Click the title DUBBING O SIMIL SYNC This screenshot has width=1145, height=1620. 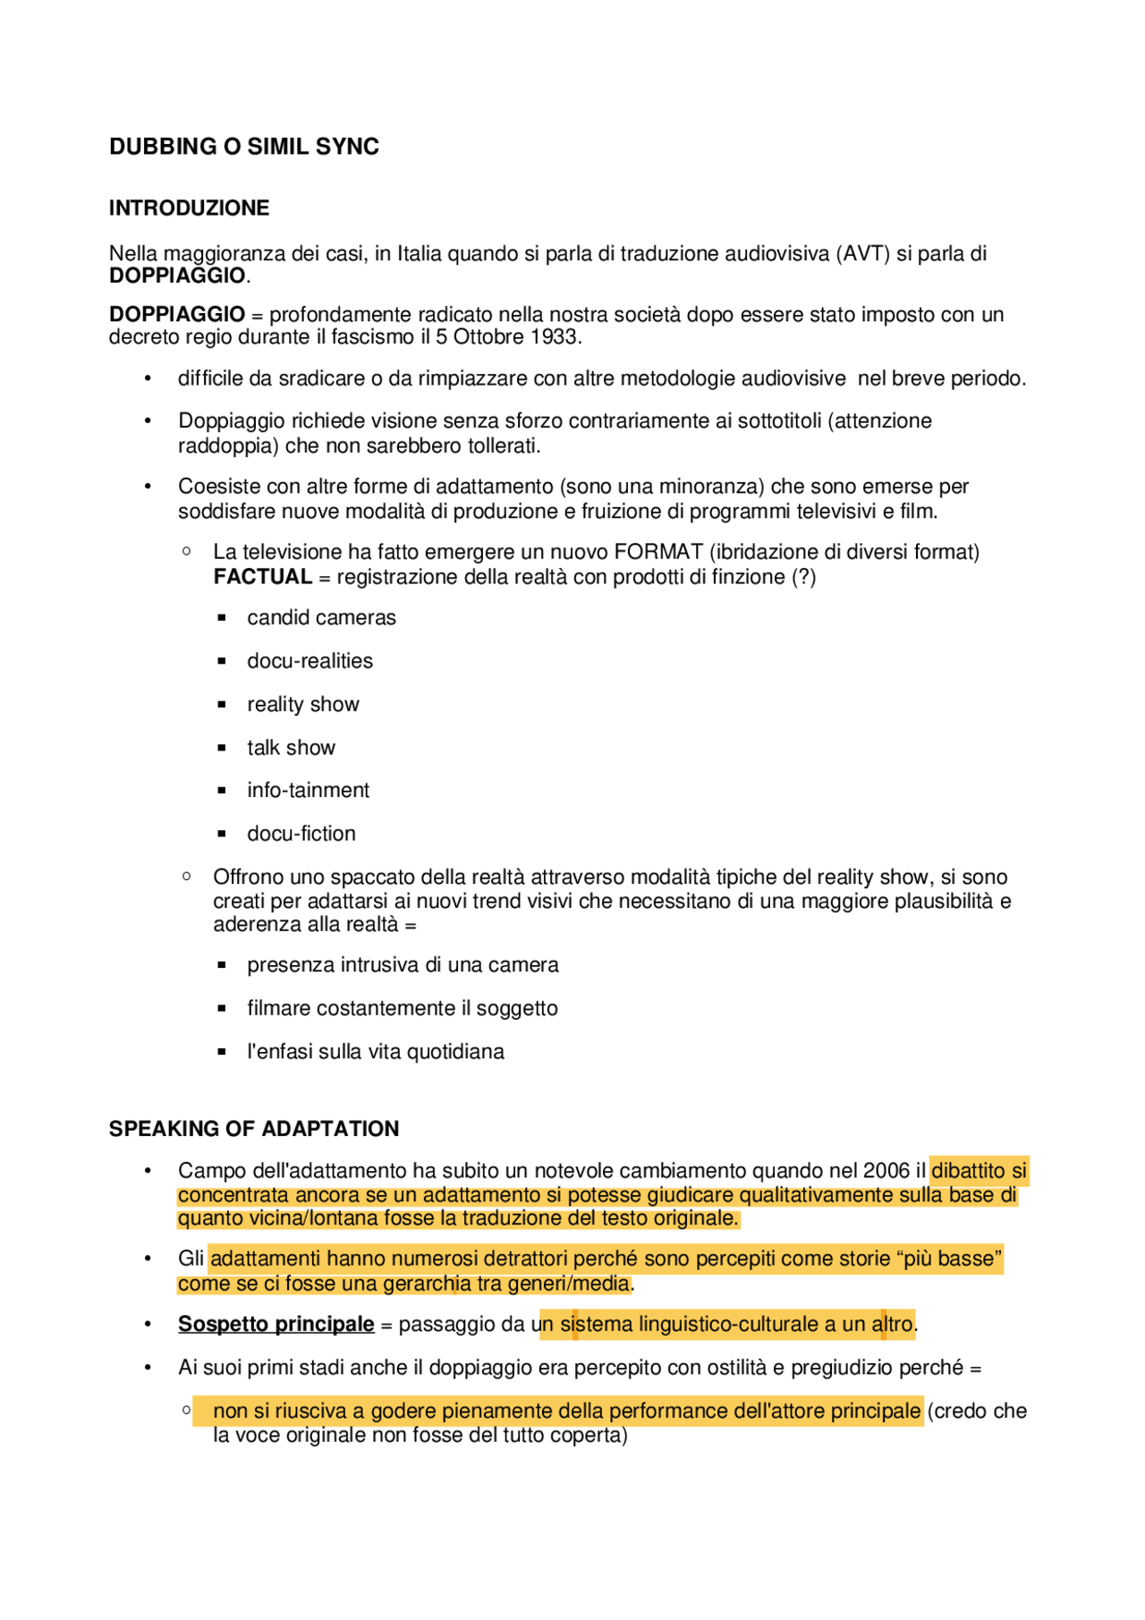click(x=243, y=147)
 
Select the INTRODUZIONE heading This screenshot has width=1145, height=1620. click(x=189, y=208)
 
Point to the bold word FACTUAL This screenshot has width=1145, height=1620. click(x=262, y=577)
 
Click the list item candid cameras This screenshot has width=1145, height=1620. click(x=321, y=618)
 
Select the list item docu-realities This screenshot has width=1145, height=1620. click(x=310, y=661)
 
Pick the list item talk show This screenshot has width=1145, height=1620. click(x=291, y=748)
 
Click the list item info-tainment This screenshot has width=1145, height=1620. click(x=308, y=791)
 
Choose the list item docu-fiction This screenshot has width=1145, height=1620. click(x=301, y=834)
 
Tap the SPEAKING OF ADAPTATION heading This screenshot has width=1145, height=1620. click(x=254, y=1129)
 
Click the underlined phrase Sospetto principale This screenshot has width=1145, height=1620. click(x=276, y=1324)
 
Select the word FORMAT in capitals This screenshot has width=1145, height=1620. click(x=658, y=552)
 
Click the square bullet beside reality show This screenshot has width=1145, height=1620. click(x=222, y=705)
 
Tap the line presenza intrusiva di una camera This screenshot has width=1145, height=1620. click(x=403, y=965)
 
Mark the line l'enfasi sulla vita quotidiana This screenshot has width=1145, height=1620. click(x=375, y=1052)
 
